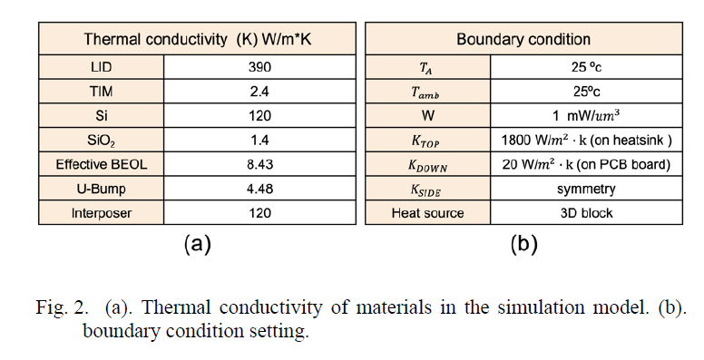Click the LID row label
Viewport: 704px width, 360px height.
coord(102,67)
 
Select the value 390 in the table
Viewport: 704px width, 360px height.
coord(259,67)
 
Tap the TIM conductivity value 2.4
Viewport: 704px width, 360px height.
coord(259,92)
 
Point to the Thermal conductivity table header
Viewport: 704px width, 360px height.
coord(193,40)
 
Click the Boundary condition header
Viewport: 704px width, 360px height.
coord(523,40)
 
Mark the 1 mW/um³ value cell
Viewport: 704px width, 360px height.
coord(585,116)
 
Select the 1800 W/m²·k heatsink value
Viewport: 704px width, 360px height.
coord(585,141)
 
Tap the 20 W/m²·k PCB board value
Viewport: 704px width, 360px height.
coord(585,164)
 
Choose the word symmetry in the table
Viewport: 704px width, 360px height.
coord(585,189)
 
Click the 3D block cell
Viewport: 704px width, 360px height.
coord(585,213)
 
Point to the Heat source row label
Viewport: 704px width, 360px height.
coord(427,213)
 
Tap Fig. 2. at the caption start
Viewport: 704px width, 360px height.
coord(64,306)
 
